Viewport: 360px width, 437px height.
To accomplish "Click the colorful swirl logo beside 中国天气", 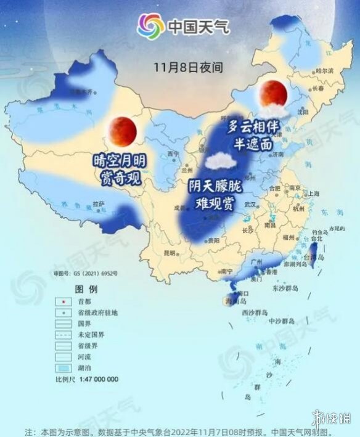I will (x=150, y=26).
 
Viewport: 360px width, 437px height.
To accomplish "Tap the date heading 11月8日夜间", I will (x=180, y=65).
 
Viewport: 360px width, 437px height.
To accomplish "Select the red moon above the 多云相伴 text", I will (x=272, y=92).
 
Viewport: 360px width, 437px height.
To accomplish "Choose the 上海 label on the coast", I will (x=313, y=194).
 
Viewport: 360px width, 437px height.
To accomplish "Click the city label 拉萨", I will (x=99, y=203).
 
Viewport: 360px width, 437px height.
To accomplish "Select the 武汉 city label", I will (x=250, y=204).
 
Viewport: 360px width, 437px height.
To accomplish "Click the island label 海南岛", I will (x=235, y=302).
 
